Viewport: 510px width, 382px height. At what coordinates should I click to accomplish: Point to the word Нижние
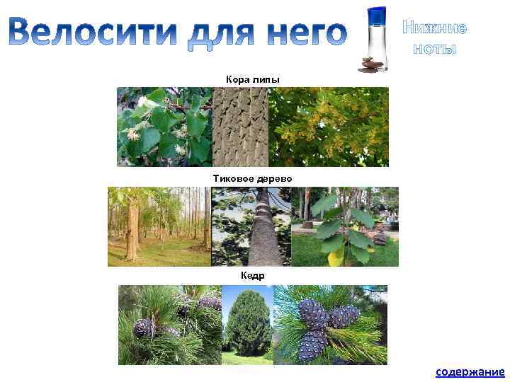point(435,28)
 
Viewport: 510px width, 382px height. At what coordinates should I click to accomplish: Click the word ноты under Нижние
point(435,49)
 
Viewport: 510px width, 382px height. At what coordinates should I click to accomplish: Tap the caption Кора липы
point(253,79)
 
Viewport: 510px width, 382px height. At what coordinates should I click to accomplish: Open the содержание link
point(470,372)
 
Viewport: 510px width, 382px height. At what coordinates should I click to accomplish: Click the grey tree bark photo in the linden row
point(240,127)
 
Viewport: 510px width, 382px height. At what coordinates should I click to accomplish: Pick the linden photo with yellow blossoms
point(329,127)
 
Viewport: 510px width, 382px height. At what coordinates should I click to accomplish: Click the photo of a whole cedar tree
point(247,325)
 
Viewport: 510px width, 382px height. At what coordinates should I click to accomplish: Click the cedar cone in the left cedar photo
point(144,328)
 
